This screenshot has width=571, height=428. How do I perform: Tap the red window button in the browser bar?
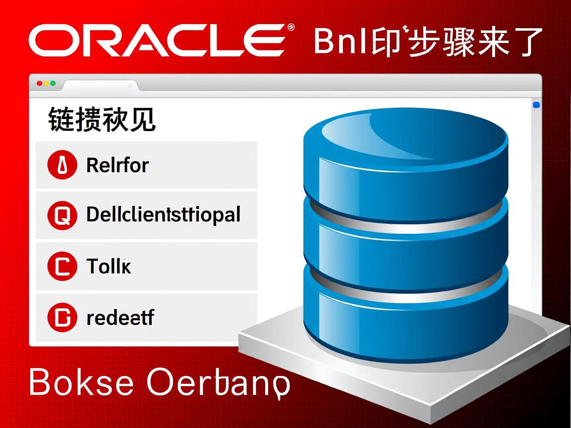[40, 84]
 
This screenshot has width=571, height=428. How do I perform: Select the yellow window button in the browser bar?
[47, 84]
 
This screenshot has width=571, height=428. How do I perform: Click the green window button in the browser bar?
[53, 84]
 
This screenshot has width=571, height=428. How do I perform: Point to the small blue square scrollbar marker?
[536, 105]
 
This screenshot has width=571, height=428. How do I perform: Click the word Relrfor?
[117, 165]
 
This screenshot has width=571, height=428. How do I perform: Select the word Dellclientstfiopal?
[163, 215]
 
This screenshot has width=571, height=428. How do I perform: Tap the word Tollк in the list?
[109, 267]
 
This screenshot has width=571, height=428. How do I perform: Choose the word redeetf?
[120, 318]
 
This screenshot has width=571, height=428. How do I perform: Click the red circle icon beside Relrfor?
[62, 165]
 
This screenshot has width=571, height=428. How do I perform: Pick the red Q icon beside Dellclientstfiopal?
[62, 216]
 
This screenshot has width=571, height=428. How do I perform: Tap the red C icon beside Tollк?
[62, 267]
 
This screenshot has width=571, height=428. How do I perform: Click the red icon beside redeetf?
[62, 318]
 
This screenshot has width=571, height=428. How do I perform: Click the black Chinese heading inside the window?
[102, 120]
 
